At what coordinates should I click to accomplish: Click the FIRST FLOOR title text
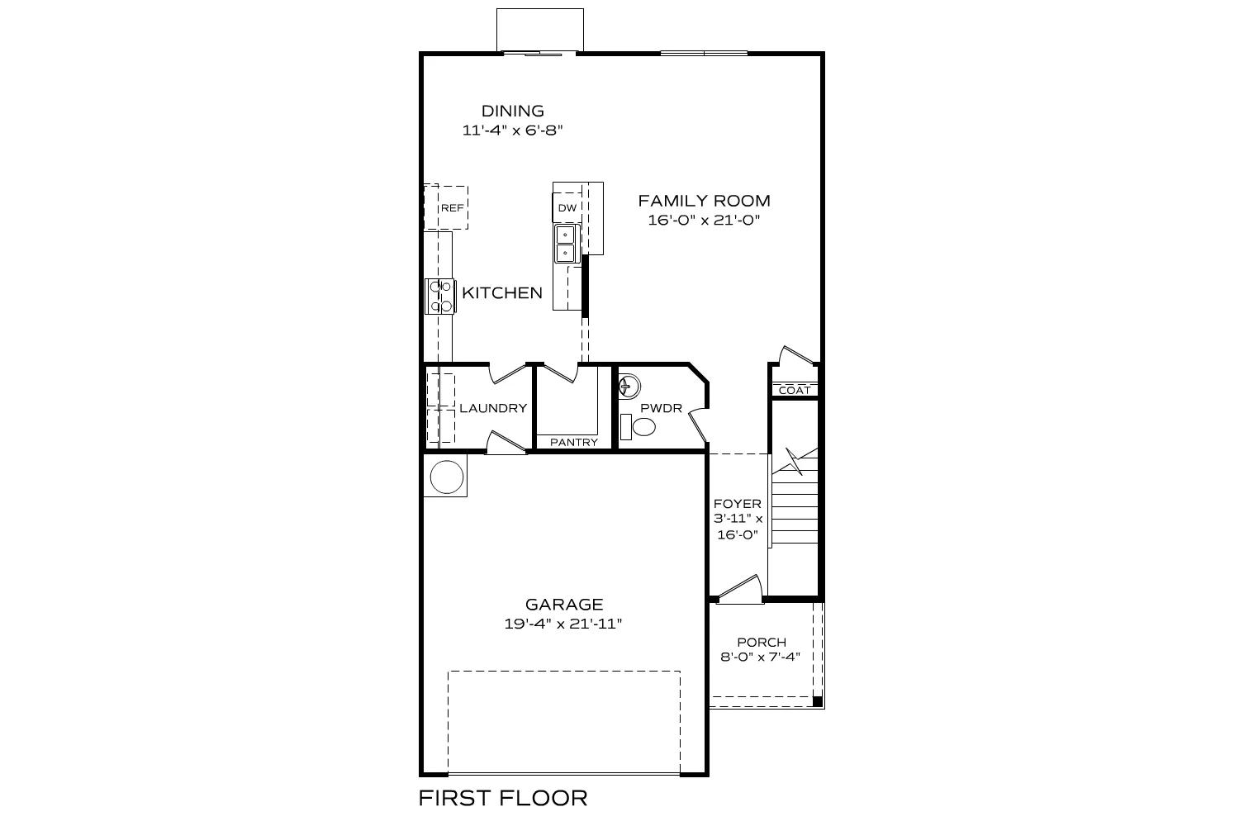point(502,798)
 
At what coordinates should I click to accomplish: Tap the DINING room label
point(512,111)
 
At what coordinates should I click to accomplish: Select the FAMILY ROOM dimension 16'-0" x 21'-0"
point(704,220)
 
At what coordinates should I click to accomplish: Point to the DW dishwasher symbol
point(567,207)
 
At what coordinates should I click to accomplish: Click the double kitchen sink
point(566,244)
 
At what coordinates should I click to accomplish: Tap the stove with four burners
point(439,296)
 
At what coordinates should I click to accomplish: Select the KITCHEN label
point(501,292)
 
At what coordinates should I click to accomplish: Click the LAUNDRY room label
point(492,408)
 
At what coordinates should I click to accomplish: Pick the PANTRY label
point(573,442)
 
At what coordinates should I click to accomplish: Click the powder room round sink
point(629,386)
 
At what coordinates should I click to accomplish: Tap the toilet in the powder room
point(638,428)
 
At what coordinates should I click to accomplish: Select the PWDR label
point(661,408)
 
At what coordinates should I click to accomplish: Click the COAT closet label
point(795,390)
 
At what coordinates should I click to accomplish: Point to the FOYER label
point(737,504)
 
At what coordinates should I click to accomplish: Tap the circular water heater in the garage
point(447,477)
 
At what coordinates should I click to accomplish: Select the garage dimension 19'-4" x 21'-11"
point(563,624)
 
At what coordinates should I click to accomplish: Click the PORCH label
point(761,642)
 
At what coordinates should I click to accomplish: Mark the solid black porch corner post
point(817,701)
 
